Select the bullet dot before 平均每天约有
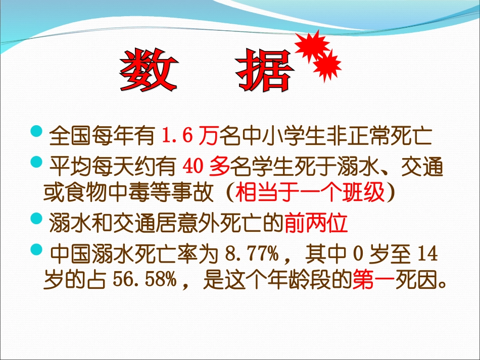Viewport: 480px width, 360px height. tap(37, 163)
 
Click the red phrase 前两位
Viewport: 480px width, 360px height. tap(316, 223)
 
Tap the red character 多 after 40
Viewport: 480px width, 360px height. tap(220, 166)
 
